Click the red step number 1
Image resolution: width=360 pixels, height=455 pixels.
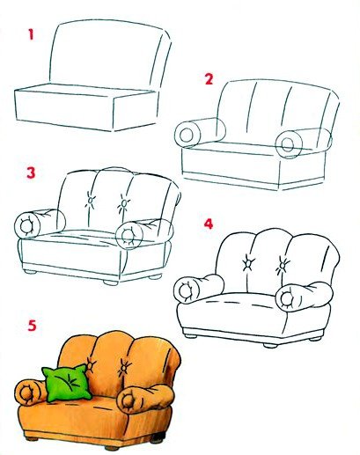[31, 34]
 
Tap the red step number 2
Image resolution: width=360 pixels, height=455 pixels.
[209, 79]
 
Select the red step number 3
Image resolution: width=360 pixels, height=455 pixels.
[31, 172]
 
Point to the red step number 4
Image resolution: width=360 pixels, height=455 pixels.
[209, 224]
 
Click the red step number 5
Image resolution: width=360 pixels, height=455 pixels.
[32, 326]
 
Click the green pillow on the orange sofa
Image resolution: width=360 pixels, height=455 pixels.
[66, 383]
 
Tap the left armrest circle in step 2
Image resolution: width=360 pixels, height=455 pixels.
[187, 136]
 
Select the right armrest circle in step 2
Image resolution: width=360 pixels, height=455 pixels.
[289, 144]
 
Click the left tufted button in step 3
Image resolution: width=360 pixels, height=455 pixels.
[90, 201]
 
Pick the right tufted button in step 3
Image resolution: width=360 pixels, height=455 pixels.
[124, 203]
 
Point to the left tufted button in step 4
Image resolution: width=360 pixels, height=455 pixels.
[248, 263]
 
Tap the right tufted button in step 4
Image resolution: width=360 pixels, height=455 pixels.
[283, 265]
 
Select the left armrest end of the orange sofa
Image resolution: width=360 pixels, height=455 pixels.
[27, 393]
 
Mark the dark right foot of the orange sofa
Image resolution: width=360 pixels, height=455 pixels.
[157, 438]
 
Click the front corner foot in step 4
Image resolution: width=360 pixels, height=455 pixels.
[270, 346]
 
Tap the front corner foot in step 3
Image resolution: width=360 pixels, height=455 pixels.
[111, 283]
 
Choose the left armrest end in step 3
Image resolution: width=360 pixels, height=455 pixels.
[27, 225]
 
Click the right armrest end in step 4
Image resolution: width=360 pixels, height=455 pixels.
[289, 299]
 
